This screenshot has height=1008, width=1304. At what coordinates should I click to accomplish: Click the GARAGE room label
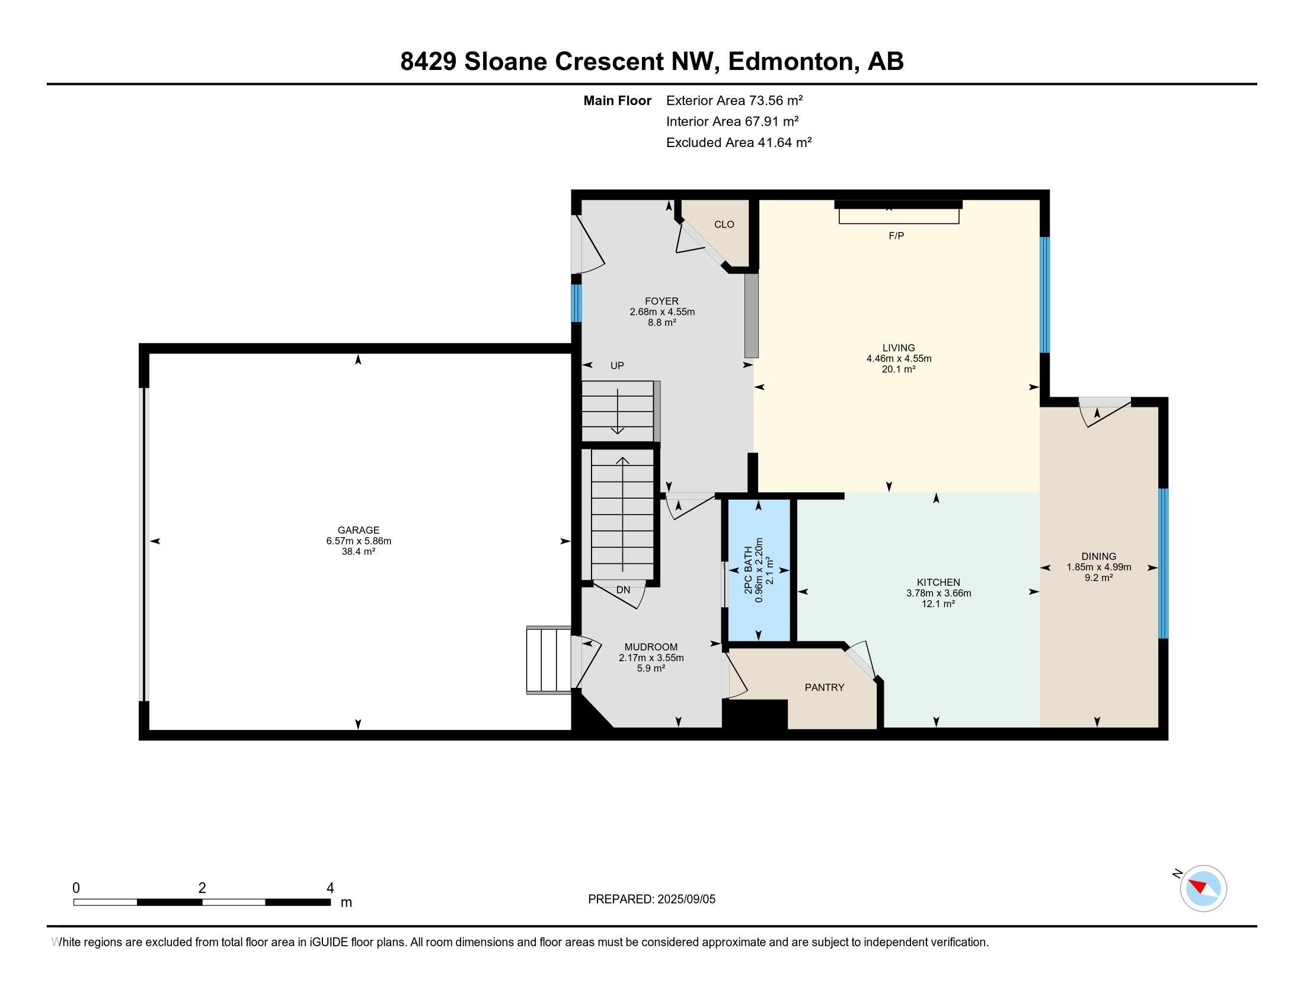(358, 529)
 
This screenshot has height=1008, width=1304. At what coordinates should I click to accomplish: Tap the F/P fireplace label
(896, 236)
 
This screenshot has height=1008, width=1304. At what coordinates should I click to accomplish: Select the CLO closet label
(724, 225)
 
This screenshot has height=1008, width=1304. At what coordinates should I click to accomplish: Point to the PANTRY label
(824, 687)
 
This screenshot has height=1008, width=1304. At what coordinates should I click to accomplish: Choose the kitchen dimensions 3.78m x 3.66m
(939, 593)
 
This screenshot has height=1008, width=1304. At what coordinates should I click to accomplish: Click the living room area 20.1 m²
(899, 369)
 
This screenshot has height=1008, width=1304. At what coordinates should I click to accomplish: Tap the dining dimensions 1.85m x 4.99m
(1098, 567)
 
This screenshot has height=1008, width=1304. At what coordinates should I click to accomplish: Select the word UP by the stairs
(617, 365)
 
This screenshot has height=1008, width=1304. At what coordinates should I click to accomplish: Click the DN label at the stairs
(623, 589)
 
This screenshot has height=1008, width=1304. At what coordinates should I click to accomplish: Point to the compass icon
(1203, 888)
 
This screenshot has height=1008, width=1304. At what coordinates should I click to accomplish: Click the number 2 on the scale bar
(202, 888)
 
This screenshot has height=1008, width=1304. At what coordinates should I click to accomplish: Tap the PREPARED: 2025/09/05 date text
(651, 899)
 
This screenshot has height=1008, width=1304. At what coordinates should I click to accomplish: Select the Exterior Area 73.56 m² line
(734, 100)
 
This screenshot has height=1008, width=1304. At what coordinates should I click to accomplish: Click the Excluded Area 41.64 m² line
(739, 142)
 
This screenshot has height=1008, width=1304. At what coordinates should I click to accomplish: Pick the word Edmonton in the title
(790, 61)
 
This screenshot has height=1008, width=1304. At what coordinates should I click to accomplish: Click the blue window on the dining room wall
(1163, 563)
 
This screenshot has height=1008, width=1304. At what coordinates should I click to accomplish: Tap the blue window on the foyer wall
(576, 304)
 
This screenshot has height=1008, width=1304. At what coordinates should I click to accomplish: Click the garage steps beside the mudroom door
(549, 660)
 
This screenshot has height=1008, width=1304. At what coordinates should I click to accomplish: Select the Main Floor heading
(618, 100)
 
